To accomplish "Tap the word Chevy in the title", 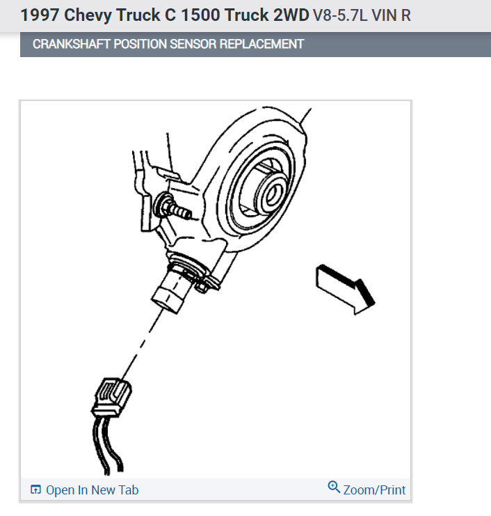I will [88, 15].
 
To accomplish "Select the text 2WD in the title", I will [288, 15].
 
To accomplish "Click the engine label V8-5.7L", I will [345, 15].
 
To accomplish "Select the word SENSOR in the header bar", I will [195, 44].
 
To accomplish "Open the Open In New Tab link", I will [92, 490].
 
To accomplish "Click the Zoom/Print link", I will [374, 490].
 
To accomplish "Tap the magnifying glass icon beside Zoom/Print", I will [334, 487].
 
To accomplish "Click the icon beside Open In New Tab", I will [36, 490].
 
